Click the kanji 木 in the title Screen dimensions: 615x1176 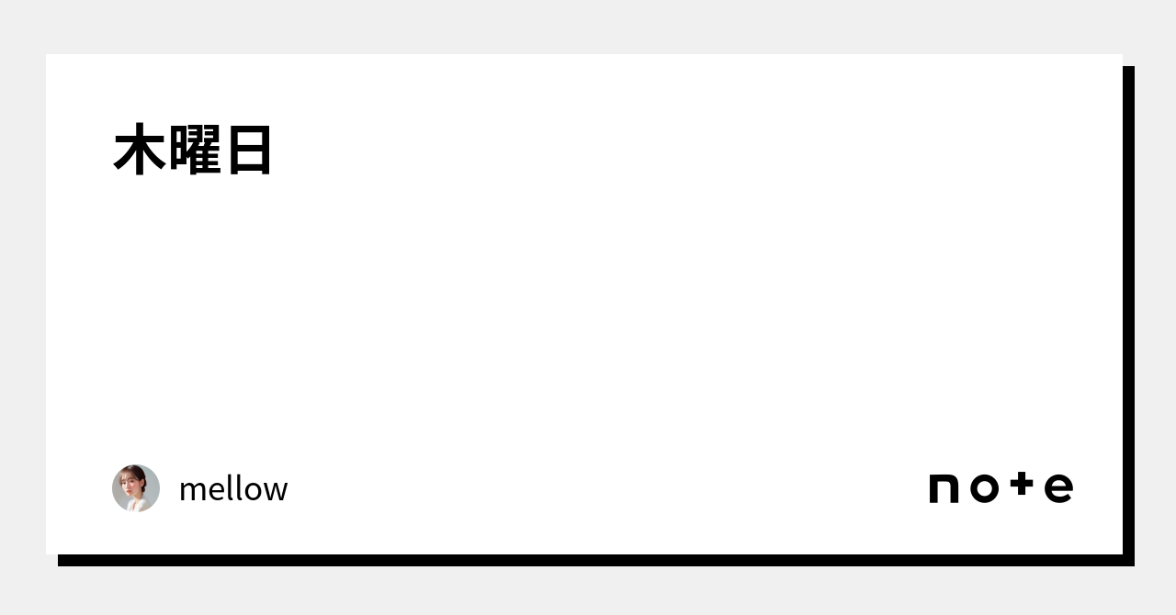(140, 151)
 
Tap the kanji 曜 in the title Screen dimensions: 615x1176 (193, 151)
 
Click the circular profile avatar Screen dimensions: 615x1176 (136, 488)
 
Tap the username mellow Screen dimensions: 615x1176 (233, 489)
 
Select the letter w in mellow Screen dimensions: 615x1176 (276, 492)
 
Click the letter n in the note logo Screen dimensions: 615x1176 (944, 488)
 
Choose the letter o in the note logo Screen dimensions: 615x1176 (983, 488)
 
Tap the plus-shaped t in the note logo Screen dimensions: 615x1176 (1022, 486)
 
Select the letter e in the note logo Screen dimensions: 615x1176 (1058, 488)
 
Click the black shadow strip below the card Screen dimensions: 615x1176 (588, 560)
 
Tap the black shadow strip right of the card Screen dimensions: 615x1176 (1128, 312)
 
